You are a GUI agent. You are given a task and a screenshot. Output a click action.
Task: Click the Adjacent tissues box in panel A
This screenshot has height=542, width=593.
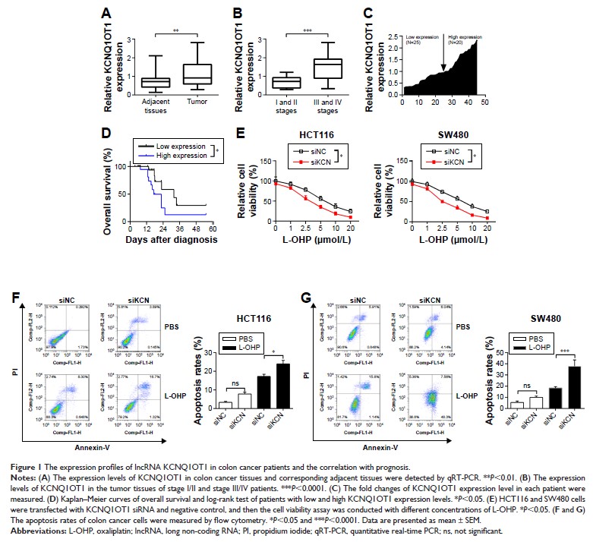pos(155,82)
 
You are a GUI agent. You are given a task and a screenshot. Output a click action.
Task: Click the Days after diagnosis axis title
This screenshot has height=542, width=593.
pos(172,238)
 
